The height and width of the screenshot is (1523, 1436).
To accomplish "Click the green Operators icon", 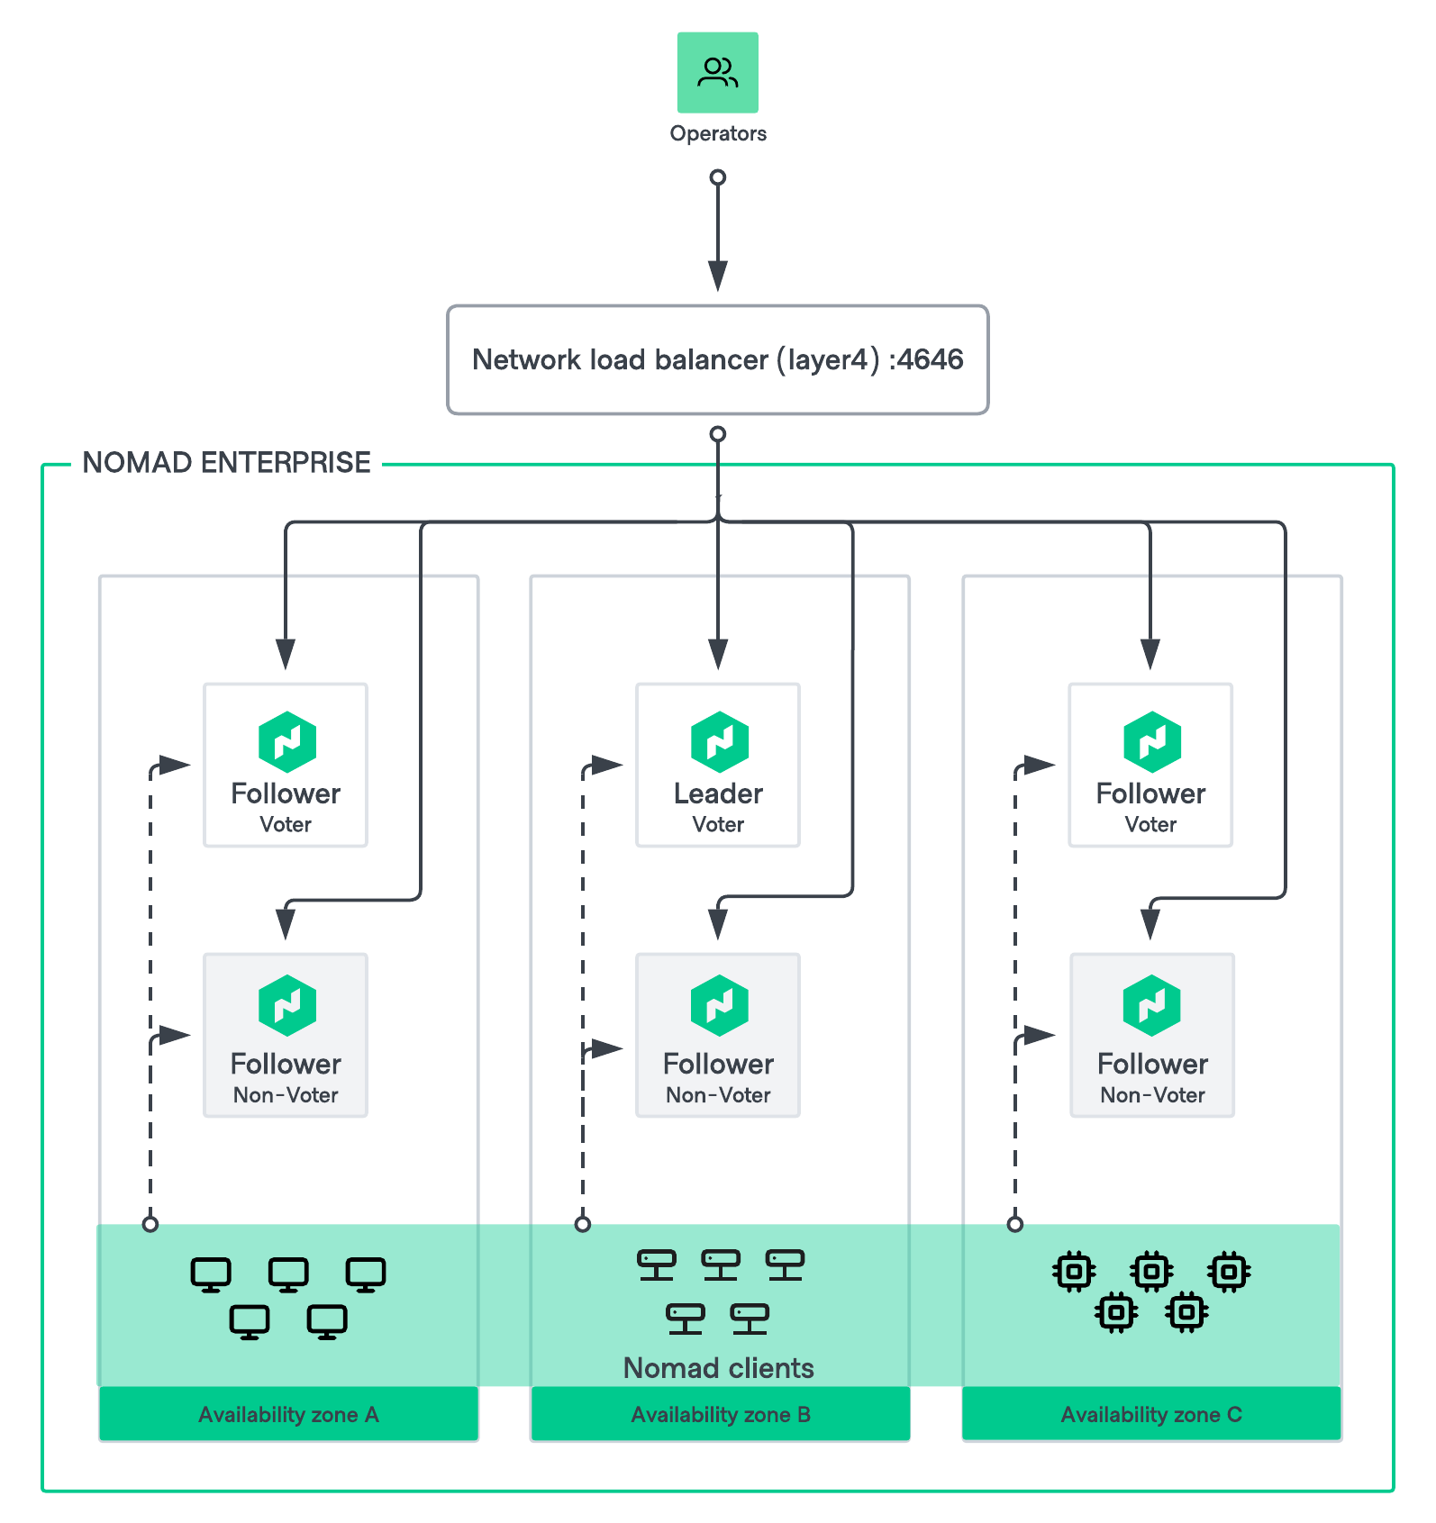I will click(x=717, y=73).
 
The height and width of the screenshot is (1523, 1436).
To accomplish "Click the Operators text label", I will click(x=717, y=133).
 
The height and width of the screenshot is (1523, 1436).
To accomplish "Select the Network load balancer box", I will click(x=717, y=359).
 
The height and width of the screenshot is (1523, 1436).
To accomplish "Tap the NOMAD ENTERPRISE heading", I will click(x=226, y=462).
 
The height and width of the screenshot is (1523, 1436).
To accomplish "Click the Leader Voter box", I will click(x=717, y=765).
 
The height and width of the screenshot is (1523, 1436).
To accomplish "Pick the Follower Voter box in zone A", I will click(x=286, y=765).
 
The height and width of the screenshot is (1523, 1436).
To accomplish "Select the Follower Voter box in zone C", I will click(x=1150, y=765).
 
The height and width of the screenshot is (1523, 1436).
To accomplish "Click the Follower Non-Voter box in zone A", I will click(x=286, y=1035).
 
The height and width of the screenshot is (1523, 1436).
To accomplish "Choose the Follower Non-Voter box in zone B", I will click(x=717, y=1035).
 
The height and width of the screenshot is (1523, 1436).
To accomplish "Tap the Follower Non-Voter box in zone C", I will click(x=1151, y=1035).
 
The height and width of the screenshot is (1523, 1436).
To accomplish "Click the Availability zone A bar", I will click(x=288, y=1414).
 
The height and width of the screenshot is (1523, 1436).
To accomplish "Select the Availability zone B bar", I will click(x=720, y=1414).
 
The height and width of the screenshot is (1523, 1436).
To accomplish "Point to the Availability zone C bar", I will click(x=1151, y=1414).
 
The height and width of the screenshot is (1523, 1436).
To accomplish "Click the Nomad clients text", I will click(x=718, y=1368).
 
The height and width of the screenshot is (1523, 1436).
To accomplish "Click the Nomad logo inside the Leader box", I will click(x=719, y=741).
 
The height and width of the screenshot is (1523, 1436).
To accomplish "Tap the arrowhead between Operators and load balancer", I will click(x=717, y=276).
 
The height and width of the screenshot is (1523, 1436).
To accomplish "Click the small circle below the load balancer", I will click(x=717, y=434).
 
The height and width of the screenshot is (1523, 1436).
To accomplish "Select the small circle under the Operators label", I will click(x=717, y=177).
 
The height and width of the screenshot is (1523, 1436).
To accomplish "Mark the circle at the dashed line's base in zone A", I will click(x=150, y=1224).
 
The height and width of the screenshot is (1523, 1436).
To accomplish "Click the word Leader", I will click(x=718, y=793).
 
